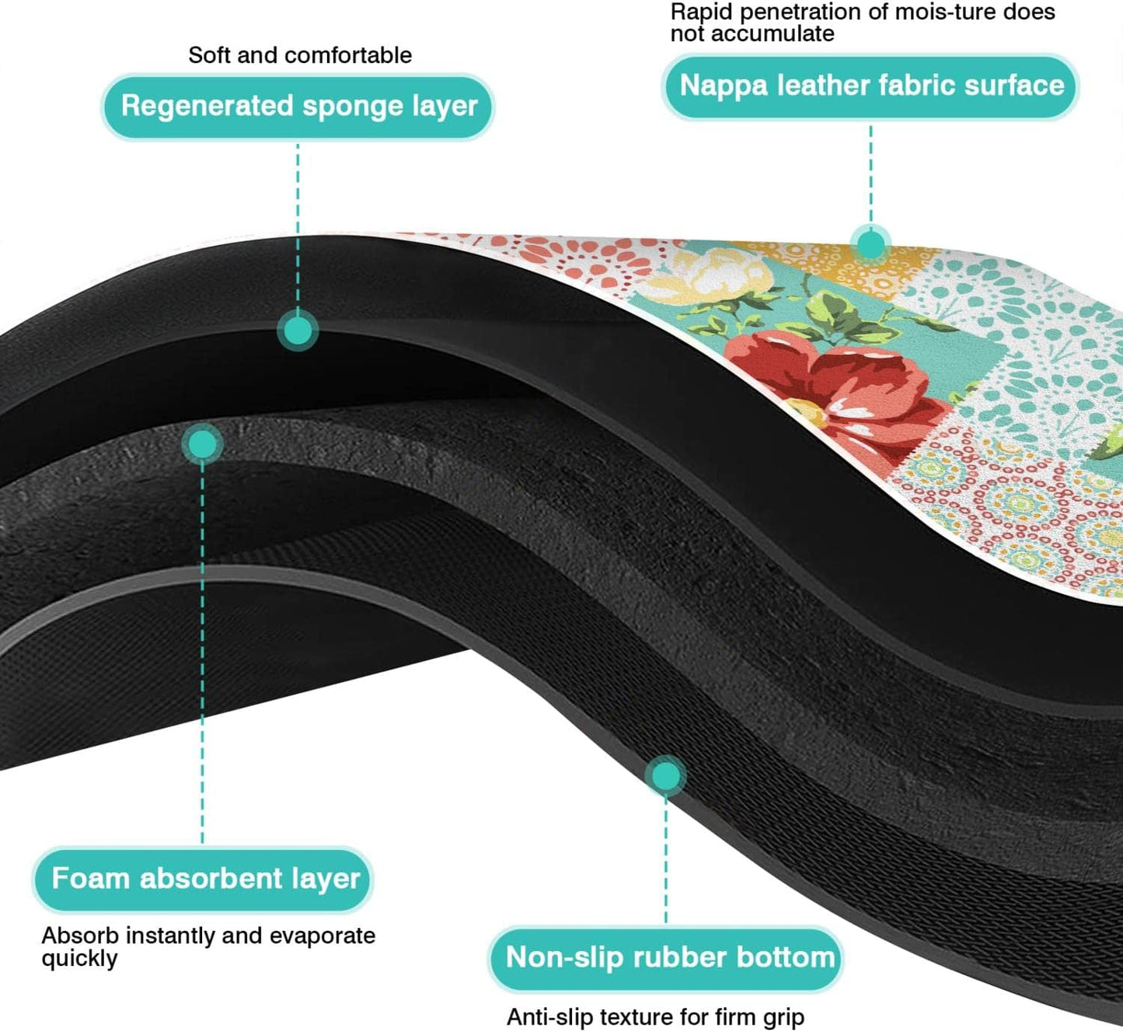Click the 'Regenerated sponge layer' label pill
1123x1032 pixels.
(x=298, y=107)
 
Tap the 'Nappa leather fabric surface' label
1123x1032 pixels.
(x=871, y=86)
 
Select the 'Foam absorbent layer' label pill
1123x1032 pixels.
(x=204, y=879)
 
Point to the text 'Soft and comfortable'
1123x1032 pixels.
(x=300, y=55)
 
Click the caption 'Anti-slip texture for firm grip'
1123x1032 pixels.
(x=655, y=1016)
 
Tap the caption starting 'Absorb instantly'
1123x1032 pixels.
(x=208, y=946)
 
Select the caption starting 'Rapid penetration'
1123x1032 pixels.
(x=863, y=23)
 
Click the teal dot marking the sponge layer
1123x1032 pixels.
(x=298, y=331)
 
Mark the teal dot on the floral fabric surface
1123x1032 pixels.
(x=870, y=244)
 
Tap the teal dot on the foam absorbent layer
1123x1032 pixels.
(x=203, y=444)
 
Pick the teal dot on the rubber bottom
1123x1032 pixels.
(x=665, y=776)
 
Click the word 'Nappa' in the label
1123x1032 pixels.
(x=724, y=86)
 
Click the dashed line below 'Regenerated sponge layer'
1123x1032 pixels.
(x=298, y=226)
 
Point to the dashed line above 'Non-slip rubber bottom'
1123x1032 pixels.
(x=665, y=855)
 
